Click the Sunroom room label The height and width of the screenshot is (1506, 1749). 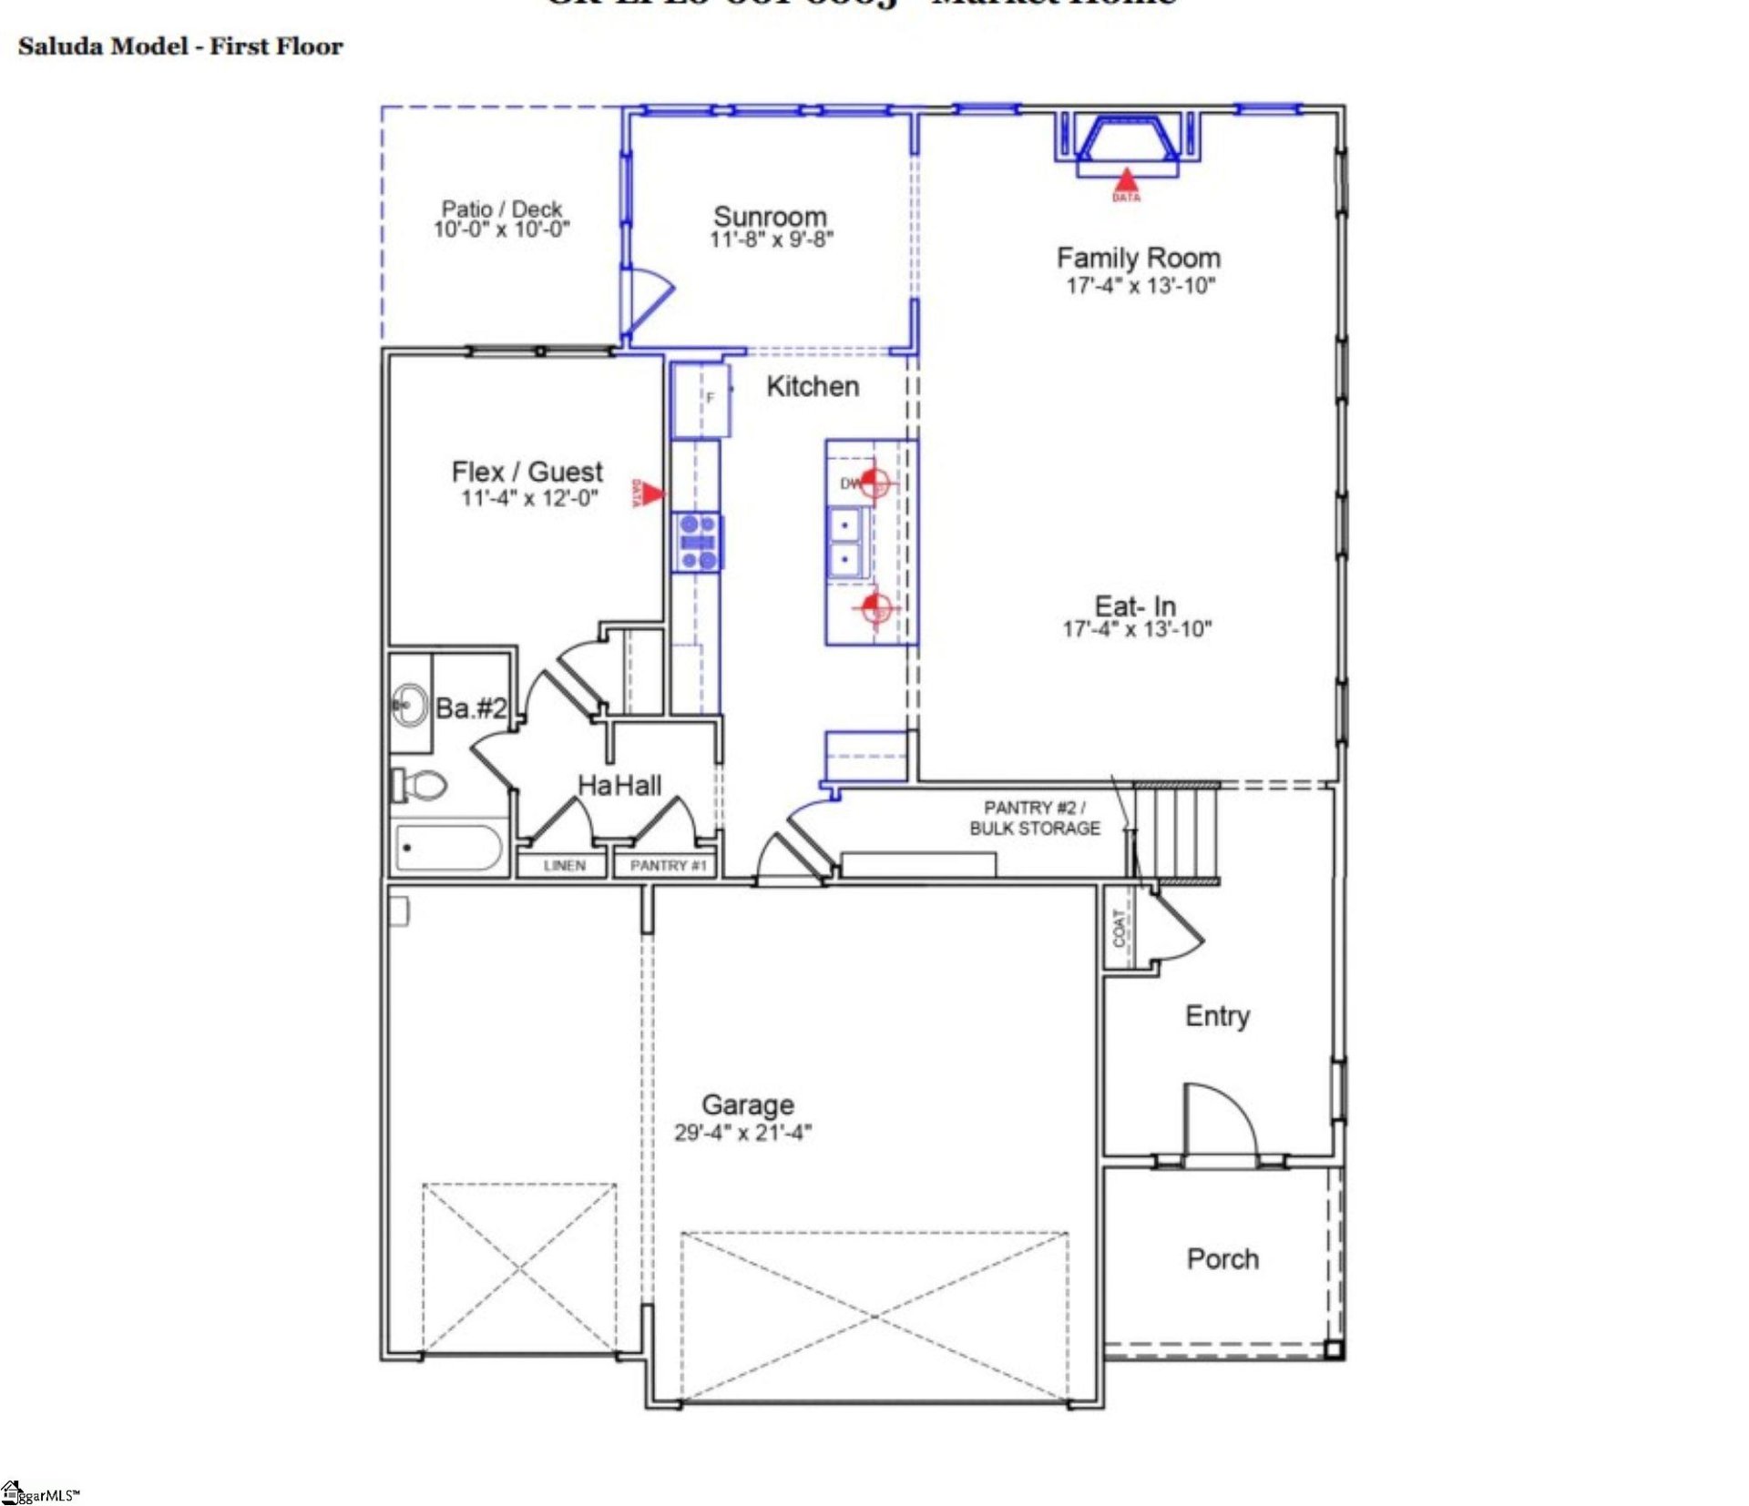point(770,217)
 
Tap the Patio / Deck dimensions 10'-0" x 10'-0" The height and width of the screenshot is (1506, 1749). point(501,229)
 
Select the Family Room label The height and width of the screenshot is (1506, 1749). point(1138,258)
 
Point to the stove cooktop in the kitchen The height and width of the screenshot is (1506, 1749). point(697,542)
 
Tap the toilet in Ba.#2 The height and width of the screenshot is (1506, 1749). point(420,784)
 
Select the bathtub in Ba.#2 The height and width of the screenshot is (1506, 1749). point(448,848)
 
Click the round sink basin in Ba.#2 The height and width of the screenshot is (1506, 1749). point(410,705)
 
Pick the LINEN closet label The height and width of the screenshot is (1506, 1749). point(564,865)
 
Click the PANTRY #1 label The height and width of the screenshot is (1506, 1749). point(668,865)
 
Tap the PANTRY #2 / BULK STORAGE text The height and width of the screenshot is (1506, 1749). point(1034,818)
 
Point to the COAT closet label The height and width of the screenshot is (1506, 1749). point(1119,928)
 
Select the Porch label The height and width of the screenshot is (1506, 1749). point(1222,1259)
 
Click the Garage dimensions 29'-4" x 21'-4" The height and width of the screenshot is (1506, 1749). point(742,1133)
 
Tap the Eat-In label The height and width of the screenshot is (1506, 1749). point(1135,605)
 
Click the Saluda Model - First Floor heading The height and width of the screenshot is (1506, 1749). point(180,46)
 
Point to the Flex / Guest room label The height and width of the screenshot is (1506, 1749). point(527,472)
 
